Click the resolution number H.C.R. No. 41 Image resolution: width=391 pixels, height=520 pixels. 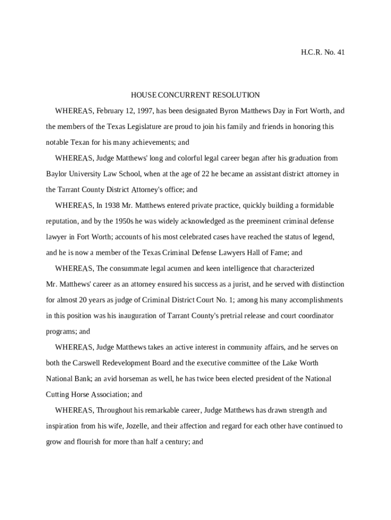323,52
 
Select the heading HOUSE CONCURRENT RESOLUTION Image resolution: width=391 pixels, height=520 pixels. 195,95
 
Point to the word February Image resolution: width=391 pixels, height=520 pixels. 110,111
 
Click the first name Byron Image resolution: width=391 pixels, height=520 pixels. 230,111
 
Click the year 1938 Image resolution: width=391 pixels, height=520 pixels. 112,206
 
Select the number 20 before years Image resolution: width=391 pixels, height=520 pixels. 89,300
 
